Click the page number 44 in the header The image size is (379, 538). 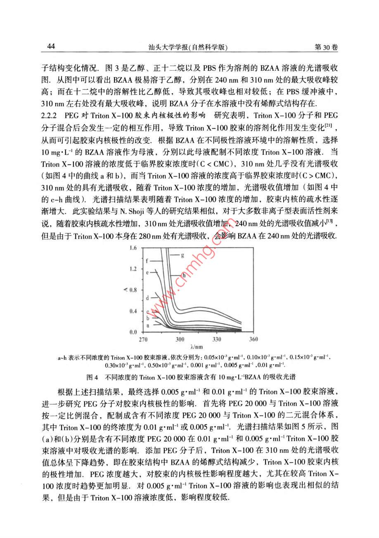[52, 46]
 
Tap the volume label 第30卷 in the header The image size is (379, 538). [326, 47]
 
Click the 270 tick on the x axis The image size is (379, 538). [143, 340]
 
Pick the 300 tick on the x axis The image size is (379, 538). [180, 340]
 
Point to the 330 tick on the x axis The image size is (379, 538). [216, 340]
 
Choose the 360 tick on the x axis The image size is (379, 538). [253, 340]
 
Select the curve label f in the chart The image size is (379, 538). [147, 261]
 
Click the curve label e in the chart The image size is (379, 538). [147, 273]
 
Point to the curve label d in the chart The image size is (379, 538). [147, 298]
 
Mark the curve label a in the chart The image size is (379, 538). [147, 326]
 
